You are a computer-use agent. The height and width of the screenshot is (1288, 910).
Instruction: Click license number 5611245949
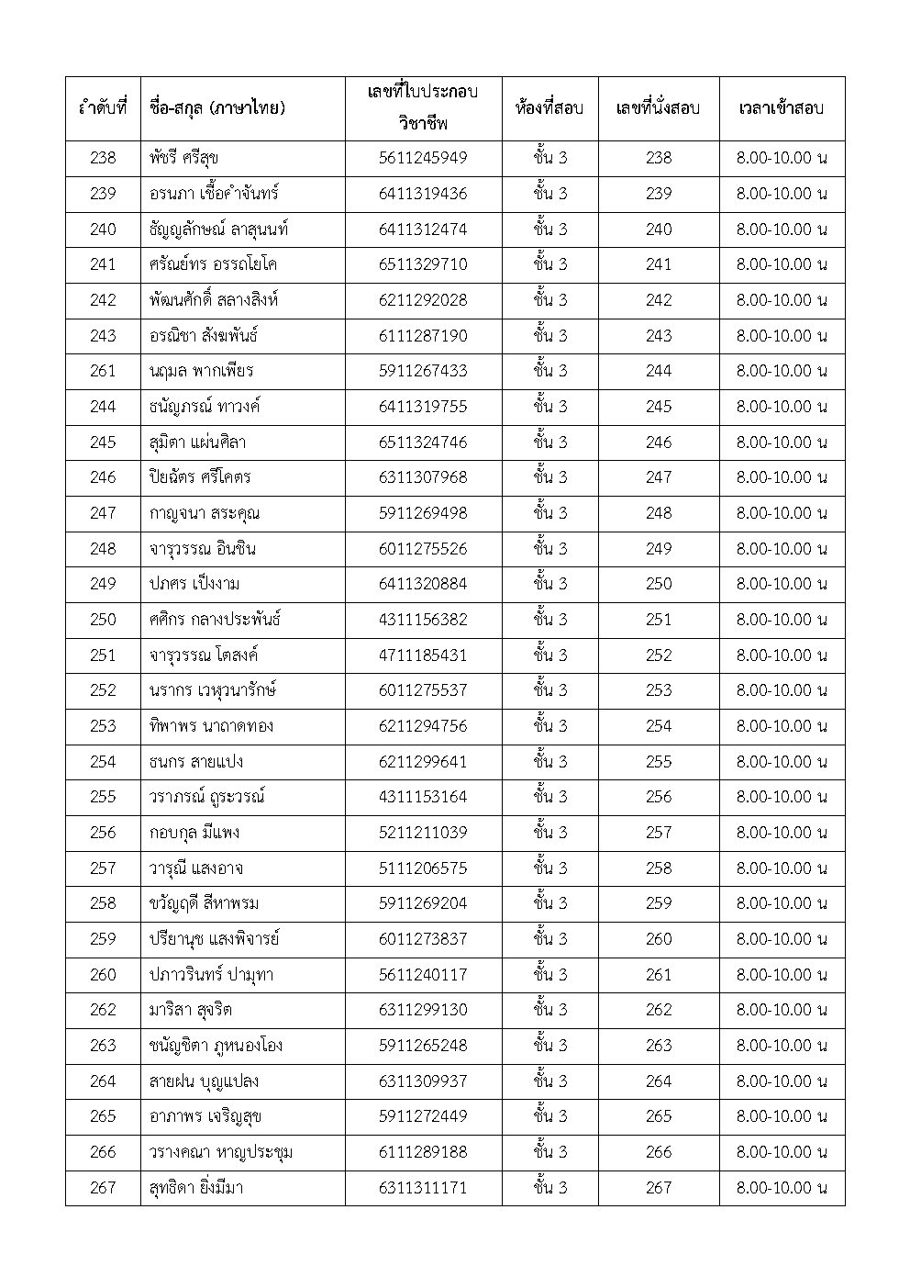pyautogui.click(x=423, y=158)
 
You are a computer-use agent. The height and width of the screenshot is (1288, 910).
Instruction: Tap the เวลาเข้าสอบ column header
pyautogui.click(x=781, y=108)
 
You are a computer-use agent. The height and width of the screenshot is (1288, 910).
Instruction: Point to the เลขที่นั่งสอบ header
pyautogui.click(x=658, y=108)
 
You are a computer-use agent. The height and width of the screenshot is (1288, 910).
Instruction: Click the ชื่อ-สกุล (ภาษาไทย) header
pyautogui.click(x=216, y=108)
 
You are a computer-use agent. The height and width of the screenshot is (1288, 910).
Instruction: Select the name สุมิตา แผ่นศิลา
pyautogui.click(x=197, y=442)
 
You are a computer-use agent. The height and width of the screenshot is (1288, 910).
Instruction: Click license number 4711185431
pyautogui.click(x=423, y=655)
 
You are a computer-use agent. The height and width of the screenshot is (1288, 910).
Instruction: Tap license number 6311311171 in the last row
pyautogui.click(x=423, y=1187)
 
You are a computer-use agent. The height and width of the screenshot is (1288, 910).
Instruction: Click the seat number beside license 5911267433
pyautogui.click(x=658, y=371)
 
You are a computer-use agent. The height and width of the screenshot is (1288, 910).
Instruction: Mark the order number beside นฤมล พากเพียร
pyautogui.click(x=103, y=371)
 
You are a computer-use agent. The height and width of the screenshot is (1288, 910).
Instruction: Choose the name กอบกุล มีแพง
pyautogui.click(x=194, y=833)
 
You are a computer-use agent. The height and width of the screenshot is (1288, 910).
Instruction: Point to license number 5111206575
pyautogui.click(x=423, y=868)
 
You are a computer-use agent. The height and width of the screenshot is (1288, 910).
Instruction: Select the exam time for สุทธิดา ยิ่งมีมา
pyautogui.click(x=781, y=1187)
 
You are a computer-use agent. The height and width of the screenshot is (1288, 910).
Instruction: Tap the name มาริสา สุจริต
pyautogui.click(x=191, y=1010)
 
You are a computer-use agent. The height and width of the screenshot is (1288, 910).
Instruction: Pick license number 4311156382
pyautogui.click(x=423, y=620)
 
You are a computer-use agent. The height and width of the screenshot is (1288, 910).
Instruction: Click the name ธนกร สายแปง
pyautogui.click(x=196, y=761)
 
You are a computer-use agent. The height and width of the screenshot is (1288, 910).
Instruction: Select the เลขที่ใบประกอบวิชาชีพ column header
pyautogui.click(x=423, y=108)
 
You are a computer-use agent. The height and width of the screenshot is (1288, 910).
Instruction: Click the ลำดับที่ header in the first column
pyautogui.click(x=103, y=108)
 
